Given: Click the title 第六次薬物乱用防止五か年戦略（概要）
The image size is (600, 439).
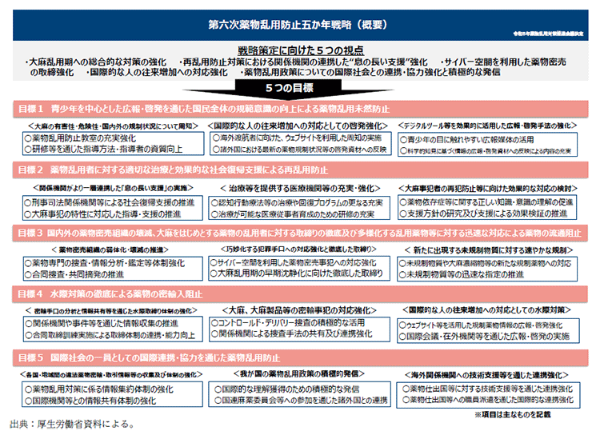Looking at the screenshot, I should pos(300,26).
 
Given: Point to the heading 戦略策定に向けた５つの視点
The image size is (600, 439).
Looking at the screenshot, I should pos(299,50).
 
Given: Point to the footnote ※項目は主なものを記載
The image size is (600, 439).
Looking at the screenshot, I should pos(524,414).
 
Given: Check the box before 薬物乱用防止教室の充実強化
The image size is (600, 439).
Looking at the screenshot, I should pos(27,138).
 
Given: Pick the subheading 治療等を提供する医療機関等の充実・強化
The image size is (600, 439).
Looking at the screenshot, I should pos(301,187).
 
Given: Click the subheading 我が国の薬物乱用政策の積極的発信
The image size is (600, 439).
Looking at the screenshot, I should pos(300,373).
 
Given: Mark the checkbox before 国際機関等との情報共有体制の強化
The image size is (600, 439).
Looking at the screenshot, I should pos(27,398).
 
